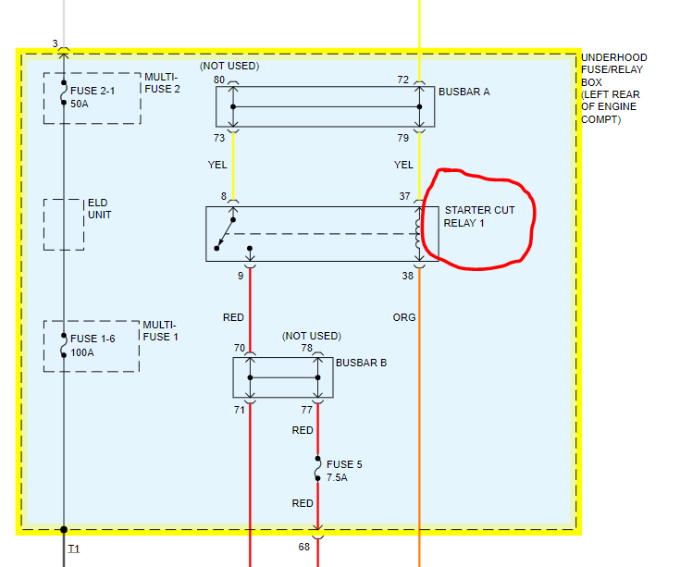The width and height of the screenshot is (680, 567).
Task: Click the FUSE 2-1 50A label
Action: coord(93,98)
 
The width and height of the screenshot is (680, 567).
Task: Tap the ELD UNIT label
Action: coord(99,209)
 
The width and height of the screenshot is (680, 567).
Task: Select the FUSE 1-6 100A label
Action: coord(93,345)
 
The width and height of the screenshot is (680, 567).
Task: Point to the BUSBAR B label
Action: coord(362,363)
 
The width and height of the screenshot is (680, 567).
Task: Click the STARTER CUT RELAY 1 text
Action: coord(479,216)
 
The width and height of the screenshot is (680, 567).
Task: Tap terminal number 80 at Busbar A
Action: coord(219,80)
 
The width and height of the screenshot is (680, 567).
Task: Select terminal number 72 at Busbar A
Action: coord(403,80)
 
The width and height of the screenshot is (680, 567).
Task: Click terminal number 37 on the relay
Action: coord(405,196)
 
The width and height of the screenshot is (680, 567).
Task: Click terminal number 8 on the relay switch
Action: coord(223,196)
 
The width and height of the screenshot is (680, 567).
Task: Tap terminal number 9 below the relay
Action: coord(241,275)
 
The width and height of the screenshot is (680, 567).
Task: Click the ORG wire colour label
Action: coord(404,317)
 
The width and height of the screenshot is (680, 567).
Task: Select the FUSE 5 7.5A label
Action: coord(344,470)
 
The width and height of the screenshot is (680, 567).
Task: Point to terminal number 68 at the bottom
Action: coord(303,547)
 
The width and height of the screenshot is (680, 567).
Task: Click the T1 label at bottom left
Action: coord(74,549)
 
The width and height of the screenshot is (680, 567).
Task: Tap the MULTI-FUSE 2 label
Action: coord(163,83)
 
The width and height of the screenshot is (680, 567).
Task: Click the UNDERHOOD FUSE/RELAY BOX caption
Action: coord(614,88)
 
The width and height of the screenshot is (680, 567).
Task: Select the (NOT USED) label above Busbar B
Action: coord(312,336)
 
